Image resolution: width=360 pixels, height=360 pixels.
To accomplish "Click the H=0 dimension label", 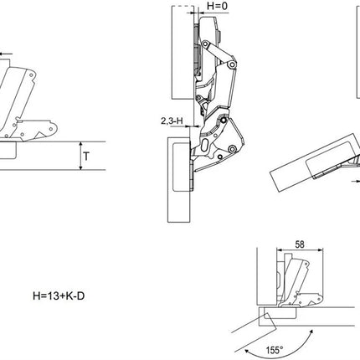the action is pos(217,6).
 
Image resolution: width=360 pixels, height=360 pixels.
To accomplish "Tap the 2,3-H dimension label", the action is pos(172,121).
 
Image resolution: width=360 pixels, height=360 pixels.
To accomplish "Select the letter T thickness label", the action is pos(86,157).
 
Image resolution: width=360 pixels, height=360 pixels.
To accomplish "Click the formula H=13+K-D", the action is pos(59,296).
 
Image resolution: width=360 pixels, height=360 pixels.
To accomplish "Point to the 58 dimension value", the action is pos(300,244).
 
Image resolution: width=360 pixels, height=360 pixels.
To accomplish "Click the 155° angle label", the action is pos(275,350).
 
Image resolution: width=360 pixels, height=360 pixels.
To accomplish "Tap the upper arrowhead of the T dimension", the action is pos(81,144).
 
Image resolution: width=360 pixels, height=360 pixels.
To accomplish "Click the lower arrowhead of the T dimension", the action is pos(81,167).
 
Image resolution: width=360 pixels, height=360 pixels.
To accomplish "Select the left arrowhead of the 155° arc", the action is pos(247,351).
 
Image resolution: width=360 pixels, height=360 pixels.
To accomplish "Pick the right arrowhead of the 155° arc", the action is pos(311,332).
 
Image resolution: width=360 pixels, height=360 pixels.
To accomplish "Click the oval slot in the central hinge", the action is pos(204,144).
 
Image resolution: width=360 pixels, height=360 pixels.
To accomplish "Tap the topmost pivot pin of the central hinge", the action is pos(206,44).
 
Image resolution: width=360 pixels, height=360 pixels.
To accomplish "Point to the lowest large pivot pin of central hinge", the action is pos(231,149).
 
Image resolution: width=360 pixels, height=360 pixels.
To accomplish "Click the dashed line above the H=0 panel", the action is pos(183,6).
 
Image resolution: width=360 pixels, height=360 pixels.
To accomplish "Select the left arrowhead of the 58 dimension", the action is pos(279,250).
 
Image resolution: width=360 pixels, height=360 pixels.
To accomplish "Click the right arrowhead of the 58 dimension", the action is pos(321,250).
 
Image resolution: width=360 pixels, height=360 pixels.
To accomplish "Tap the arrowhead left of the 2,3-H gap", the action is pos(187,126).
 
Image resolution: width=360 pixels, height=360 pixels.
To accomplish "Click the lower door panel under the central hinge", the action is pos(179,179).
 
